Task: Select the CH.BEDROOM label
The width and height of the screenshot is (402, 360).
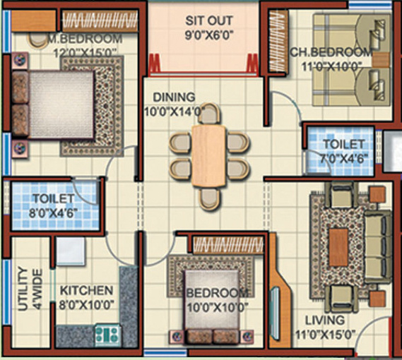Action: [x=331, y=52]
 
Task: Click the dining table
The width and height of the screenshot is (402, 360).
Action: [x=210, y=155]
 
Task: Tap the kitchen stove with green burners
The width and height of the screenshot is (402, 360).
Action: [x=107, y=332]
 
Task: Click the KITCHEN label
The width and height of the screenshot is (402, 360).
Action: [x=85, y=290]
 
